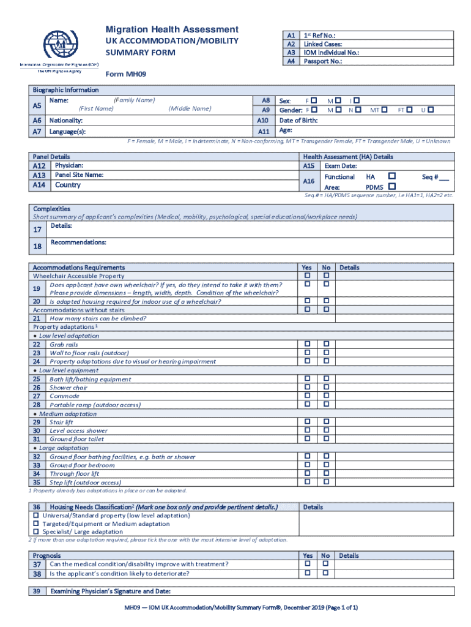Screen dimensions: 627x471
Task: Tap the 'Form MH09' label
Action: [x=126, y=75]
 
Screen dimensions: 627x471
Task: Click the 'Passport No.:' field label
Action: [x=322, y=61]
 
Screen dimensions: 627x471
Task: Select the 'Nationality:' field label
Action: [x=66, y=121]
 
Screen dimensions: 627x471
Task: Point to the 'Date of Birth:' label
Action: [x=298, y=121]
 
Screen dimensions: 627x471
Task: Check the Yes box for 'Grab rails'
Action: [x=308, y=344]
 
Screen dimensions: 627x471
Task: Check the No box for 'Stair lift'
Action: [x=326, y=422]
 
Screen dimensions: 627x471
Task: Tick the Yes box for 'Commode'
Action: [x=308, y=396]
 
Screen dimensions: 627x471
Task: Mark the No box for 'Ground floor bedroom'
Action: [x=326, y=465]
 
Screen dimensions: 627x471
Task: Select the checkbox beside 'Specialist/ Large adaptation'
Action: [x=36, y=532]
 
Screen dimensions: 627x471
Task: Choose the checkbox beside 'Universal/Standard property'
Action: [x=36, y=516]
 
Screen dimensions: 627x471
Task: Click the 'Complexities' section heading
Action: [x=51, y=209]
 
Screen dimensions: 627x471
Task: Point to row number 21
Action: [x=37, y=318]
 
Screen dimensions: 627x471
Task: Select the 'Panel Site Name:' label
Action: [x=79, y=175]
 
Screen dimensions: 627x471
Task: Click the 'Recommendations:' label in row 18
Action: [x=78, y=242]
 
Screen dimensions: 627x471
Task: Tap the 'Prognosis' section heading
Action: [x=46, y=555]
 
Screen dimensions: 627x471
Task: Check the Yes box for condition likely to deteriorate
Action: [x=308, y=573]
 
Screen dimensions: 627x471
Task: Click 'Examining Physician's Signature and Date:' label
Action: [x=110, y=591]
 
